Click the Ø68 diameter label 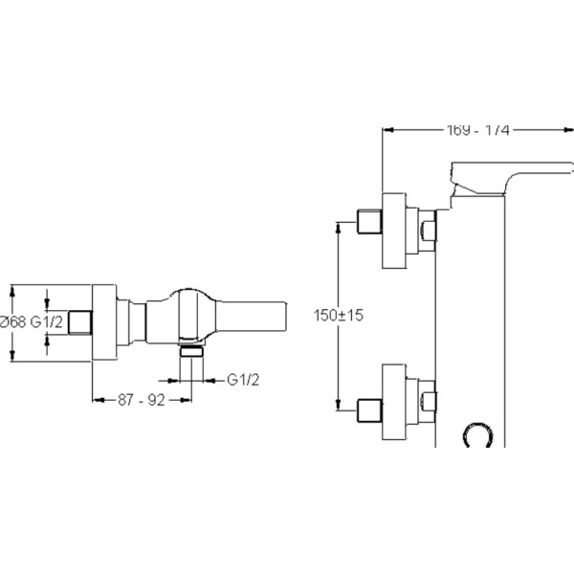click(x=14, y=321)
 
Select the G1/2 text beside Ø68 click(x=48, y=321)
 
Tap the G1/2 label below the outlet click(x=244, y=380)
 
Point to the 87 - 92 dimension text click(x=138, y=402)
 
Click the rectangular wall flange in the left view click(x=104, y=321)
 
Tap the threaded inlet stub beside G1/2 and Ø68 click(x=83, y=321)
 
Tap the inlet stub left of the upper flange click(x=369, y=220)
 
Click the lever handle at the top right click(x=493, y=181)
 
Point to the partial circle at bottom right click(x=478, y=434)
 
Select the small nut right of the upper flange click(x=429, y=229)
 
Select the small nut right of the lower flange click(x=429, y=403)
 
